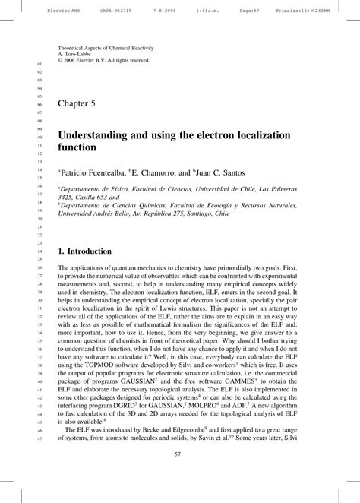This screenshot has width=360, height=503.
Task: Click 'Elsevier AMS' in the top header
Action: tap(25, 12)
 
